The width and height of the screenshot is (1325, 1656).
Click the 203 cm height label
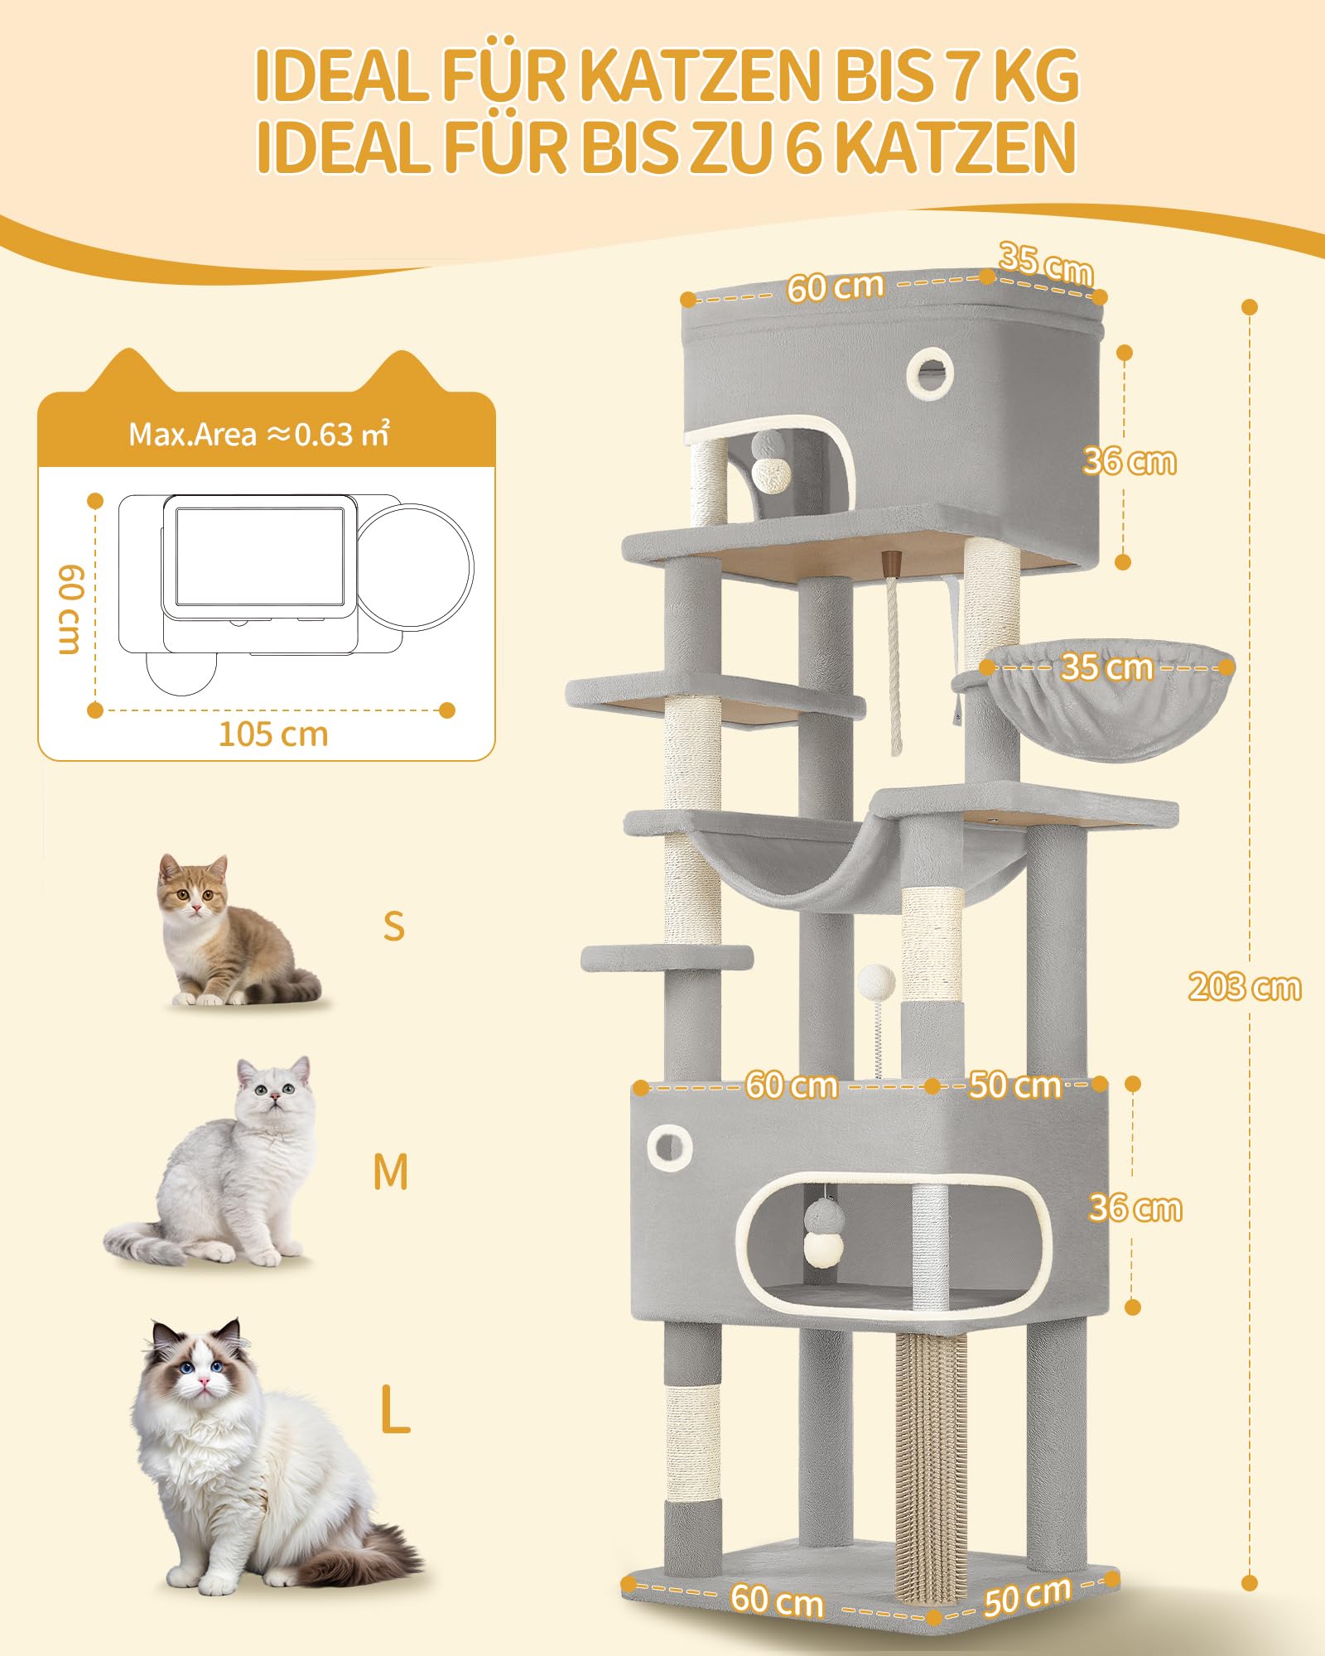(x=1245, y=987)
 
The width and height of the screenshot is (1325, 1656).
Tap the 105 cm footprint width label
(x=273, y=734)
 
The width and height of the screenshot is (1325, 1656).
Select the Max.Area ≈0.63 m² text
(x=259, y=434)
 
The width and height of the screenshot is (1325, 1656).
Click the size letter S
(x=394, y=926)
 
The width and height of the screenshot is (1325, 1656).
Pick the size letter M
(x=391, y=1172)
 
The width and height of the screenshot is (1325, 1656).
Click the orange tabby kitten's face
(x=193, y=889)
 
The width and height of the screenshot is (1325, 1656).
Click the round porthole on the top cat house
(x=930, y=373)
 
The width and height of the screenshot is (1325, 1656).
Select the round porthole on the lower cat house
(x=669, y=1148)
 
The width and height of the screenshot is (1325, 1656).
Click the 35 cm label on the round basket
(x=1107, y=667)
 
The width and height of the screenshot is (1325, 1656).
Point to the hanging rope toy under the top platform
(x=894, y=654)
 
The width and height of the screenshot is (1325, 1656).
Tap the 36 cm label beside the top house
(x=1130, y=461)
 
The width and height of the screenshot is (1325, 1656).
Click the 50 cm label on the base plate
(x=1028, y=1596)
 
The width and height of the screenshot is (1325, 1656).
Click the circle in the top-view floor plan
(x=415, y=567)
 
